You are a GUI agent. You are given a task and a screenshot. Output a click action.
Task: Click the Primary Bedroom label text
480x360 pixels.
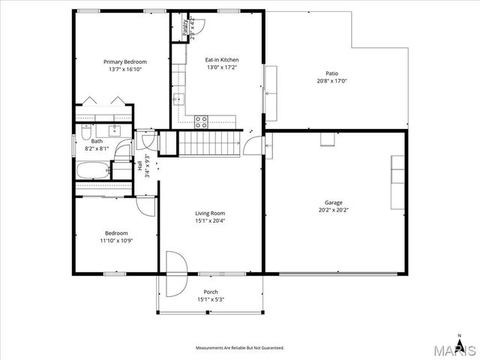(124, 61)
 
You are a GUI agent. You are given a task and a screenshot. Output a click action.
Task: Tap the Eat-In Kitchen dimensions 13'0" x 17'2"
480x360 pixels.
(222, 67)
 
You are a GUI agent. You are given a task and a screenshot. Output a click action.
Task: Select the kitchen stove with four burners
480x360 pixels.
(202, 122)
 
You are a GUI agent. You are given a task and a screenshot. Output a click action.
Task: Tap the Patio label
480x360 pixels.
(331, 73)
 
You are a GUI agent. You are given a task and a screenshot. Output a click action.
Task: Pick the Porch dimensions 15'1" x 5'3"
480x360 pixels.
(211, 300)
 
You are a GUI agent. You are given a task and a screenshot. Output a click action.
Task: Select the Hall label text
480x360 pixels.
(140, 166)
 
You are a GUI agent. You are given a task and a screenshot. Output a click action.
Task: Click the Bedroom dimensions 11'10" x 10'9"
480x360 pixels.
(115, 240)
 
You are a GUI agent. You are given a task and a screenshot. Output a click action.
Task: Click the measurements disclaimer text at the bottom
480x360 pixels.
(239, 348)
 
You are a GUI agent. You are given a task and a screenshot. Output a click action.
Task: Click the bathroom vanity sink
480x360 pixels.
(115, 129)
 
